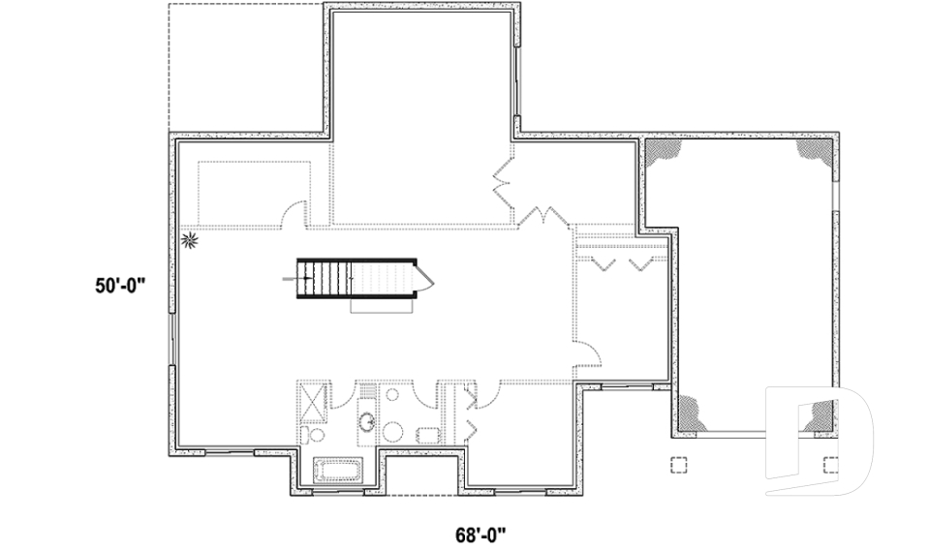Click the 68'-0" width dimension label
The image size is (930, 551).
481,534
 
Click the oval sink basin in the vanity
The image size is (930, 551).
368,421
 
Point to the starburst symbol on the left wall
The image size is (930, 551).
190,238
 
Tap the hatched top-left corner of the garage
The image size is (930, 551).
666,151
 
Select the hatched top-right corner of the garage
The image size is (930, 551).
813,149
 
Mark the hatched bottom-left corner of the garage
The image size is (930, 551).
691,414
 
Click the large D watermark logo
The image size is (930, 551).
819,441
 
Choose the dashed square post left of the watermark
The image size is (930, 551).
679,464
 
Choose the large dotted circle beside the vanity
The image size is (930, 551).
394,432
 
